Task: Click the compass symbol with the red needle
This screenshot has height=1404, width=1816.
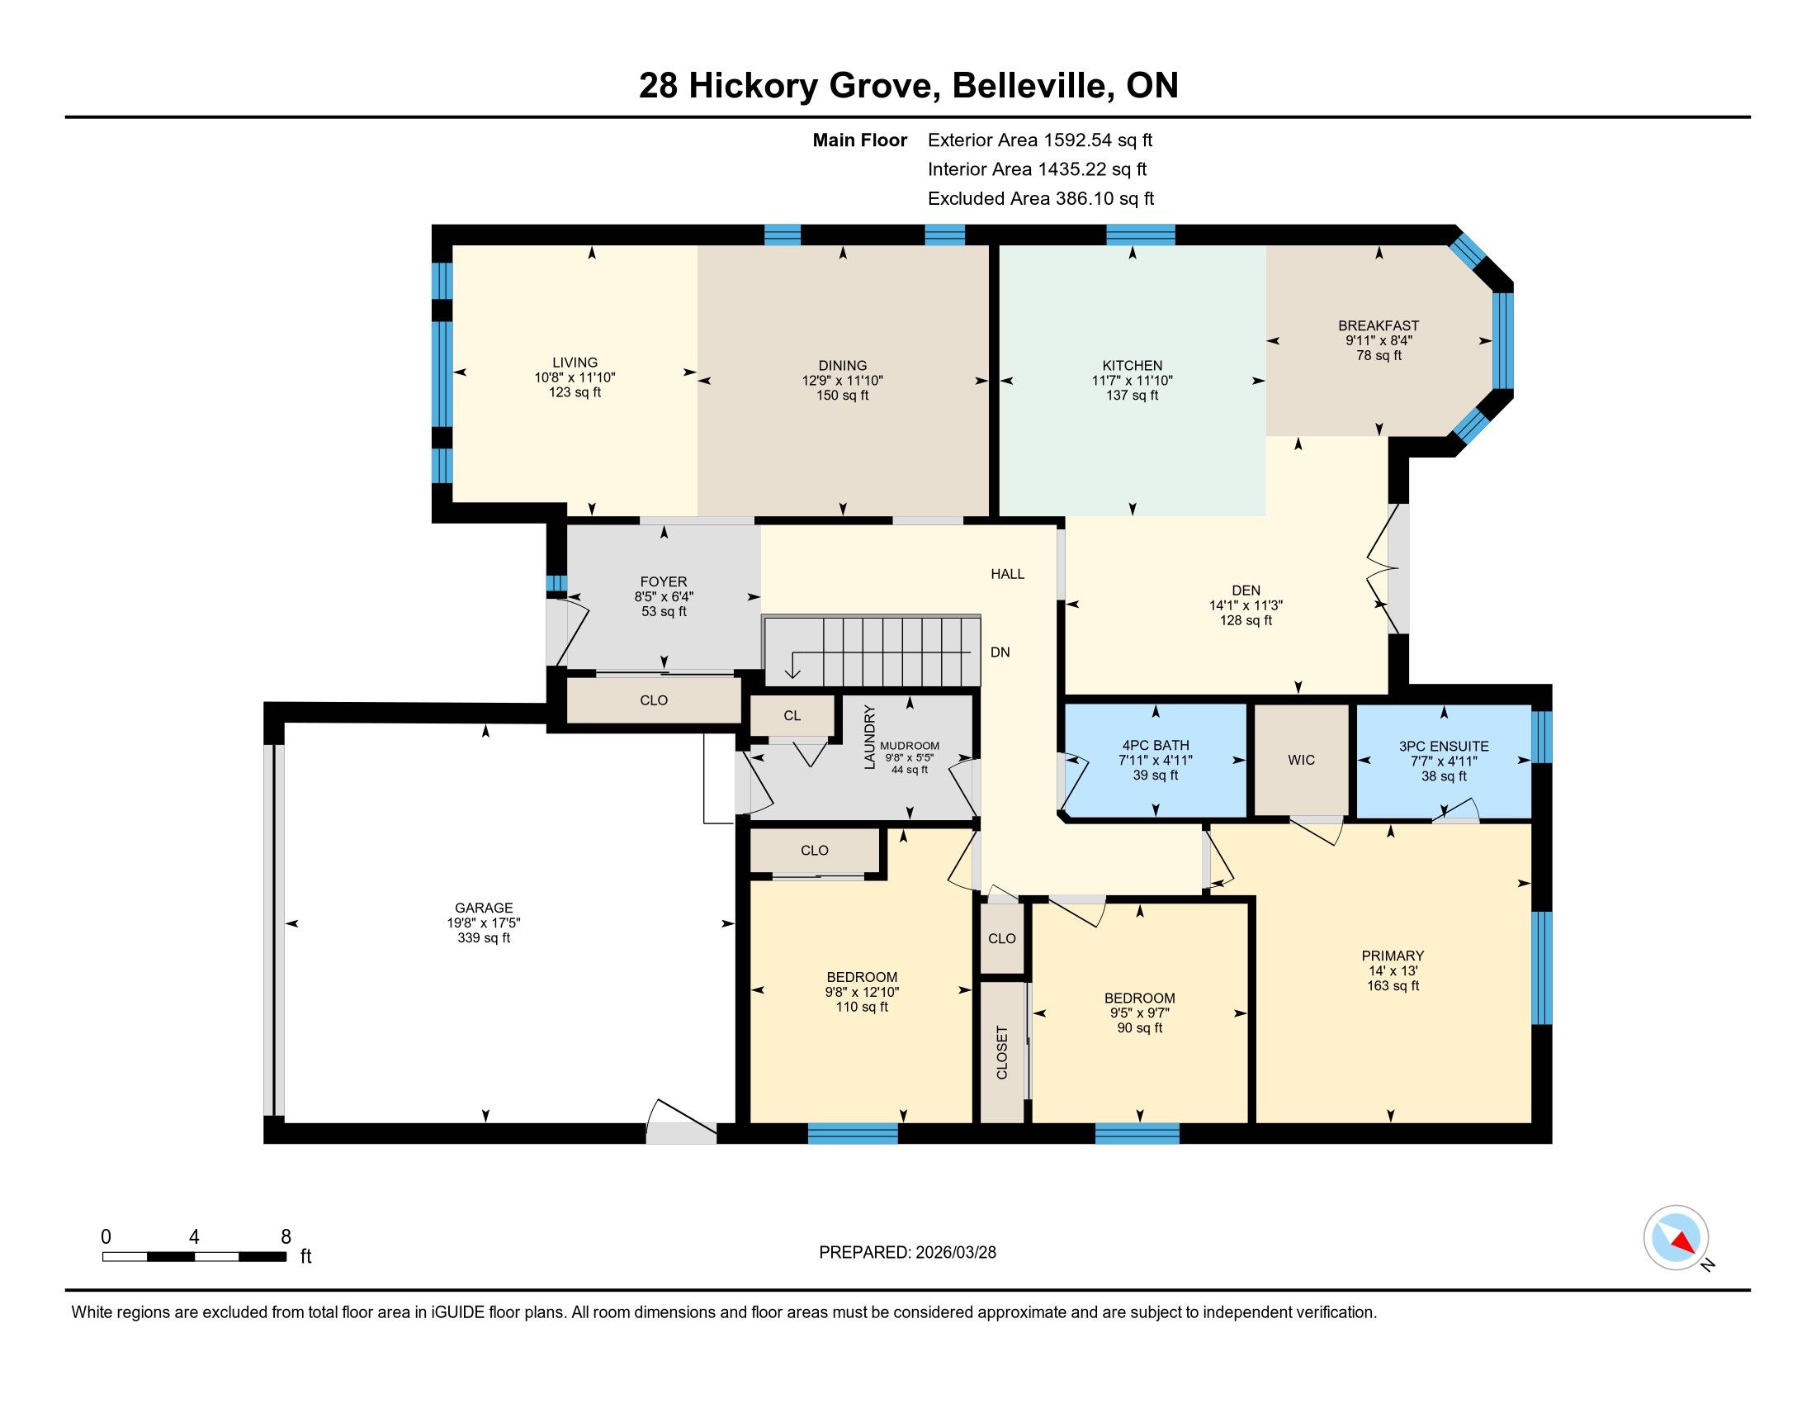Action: point(1676,1237)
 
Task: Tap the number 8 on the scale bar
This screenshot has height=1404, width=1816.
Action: point(286,1236)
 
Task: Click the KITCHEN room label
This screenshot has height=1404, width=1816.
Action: point(1133,365)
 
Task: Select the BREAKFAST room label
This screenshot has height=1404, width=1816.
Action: point(1379,325)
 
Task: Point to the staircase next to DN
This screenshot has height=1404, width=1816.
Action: point(872,651)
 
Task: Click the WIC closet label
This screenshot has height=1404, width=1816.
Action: point(1301,759)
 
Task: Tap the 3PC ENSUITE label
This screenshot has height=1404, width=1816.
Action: point(1444,746)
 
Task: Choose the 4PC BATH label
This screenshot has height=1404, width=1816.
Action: point(1155,745)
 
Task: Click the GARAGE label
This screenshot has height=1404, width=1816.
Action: point(484,908)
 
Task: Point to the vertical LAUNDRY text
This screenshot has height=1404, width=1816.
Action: point(870,737)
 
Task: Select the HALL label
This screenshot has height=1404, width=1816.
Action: point(1008,574)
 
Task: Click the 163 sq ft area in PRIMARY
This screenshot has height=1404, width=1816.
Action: point(1393,985)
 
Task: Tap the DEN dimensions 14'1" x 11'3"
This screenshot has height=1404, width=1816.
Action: point(1246,605)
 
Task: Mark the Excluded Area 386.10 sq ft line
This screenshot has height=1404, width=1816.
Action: point(1041,198)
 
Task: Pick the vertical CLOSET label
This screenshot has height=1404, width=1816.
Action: point(1002,1053)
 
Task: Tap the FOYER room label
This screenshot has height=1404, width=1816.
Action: point(664,581)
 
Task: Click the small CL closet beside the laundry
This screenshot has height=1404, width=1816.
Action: point(792,715)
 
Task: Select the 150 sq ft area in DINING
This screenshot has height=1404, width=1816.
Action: point(842,395)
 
